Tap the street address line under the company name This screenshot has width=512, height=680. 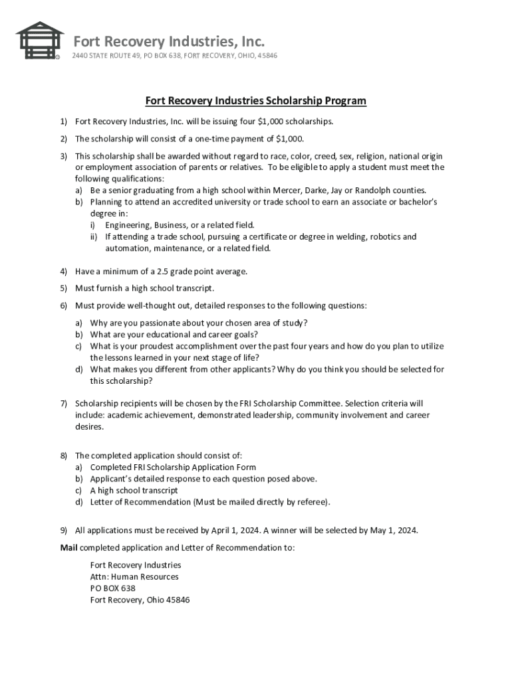pyautogui.click(x=174, y=55)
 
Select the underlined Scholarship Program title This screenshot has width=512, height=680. pyautogui.click(x=256, y=101)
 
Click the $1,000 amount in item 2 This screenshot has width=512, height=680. pyautogui.click(x=289, y=139)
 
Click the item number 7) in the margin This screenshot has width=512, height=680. pyautogui.click(x=64, y=403)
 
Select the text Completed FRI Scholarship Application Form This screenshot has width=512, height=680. pyautogui.click(x=173, y=467)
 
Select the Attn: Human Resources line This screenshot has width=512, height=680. pyautogui.click(x=134, y=577)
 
